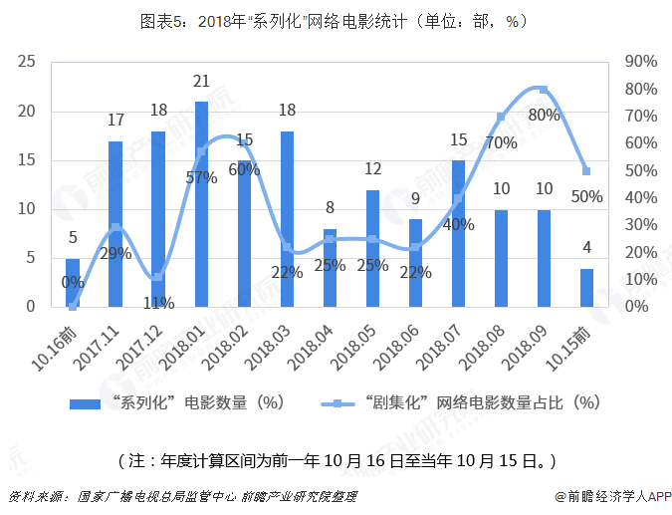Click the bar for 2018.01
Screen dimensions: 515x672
click(x=201, y=204)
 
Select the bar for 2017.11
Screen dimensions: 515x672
click(x=115, y=224)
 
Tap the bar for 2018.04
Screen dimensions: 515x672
click(x=330, y=268)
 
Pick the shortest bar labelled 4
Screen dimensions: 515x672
click(x=586, y=288)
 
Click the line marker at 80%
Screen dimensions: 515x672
click(x=544, y=90)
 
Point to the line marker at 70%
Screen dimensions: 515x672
click(x=501, y=117)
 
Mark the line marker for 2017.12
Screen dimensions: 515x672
click(x=158, y=277)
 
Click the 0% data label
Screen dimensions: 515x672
click(x=72, y=282)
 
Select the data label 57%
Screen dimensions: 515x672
click(x=201, y=178)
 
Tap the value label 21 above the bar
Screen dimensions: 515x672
click(x=201, y=82)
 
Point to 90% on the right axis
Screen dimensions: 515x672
click(x=641, y=62)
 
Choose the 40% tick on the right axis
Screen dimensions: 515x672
click(x=641, y=198)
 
